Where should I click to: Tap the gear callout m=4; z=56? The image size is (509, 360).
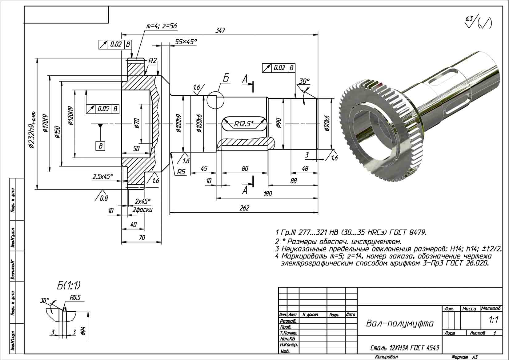pyautogui.click(x=161, y=26)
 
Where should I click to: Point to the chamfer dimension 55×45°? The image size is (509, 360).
pyautogui.click(x=186, y=42)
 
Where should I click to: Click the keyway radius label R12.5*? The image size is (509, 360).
pyautogui.click(x=244, y=124)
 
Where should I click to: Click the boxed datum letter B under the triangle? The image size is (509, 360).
pyautogui.click(x=100, y=146)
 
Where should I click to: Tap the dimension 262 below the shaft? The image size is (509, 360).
pyautogui.click(x=244, y=208)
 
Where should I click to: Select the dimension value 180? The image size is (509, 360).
pyautogui.click(x=268, y=194)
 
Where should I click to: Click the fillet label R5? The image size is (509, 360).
pyautogui.click(x=181, y=172)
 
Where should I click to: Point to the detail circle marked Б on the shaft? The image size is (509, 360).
pyautogui.click(x=215, y=100)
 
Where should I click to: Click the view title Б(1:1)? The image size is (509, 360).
pyautogui.click(x=68, y=286)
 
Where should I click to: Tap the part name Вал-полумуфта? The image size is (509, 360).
pyautogui.click(x=399, y=323)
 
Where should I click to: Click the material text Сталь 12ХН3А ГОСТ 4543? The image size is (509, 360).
pyautogui.click(x=404, y=348)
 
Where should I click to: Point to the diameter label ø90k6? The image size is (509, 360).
pyautogui.click(x=327, y=124)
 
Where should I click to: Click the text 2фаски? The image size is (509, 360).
pyautogui.click(x=142, y=210)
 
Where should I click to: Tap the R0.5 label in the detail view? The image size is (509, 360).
pyautogui.click(x=75, y=298)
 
